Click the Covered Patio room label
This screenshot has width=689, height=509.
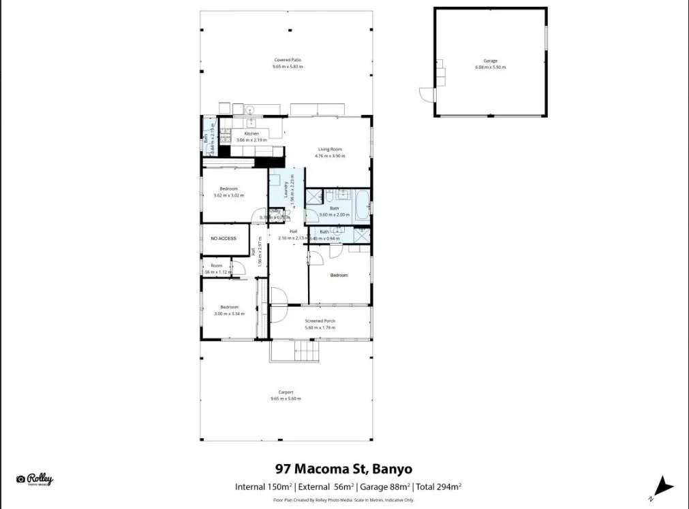(287, 60)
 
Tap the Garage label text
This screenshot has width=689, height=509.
(490, 61)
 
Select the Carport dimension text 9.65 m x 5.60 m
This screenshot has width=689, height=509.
(286, 399)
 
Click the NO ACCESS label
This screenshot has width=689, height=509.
(223, 239)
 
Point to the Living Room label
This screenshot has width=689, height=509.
(330, 149)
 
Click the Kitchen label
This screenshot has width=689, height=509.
(251, 133)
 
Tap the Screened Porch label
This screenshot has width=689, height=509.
(320, 321)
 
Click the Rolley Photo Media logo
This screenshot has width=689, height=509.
(35, 480)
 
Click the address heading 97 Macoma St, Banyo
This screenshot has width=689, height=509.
(343, 469)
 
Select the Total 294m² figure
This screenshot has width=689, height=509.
(439, 487)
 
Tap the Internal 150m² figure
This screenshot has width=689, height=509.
(264, 487)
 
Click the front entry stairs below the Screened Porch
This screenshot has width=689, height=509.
(306, 352)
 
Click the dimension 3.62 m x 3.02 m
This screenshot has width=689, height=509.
(228, 195)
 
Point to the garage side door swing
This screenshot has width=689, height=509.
(427, 95)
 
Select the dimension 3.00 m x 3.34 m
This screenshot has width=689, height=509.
(228, 314)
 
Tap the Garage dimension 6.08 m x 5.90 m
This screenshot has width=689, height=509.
(490, 68)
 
